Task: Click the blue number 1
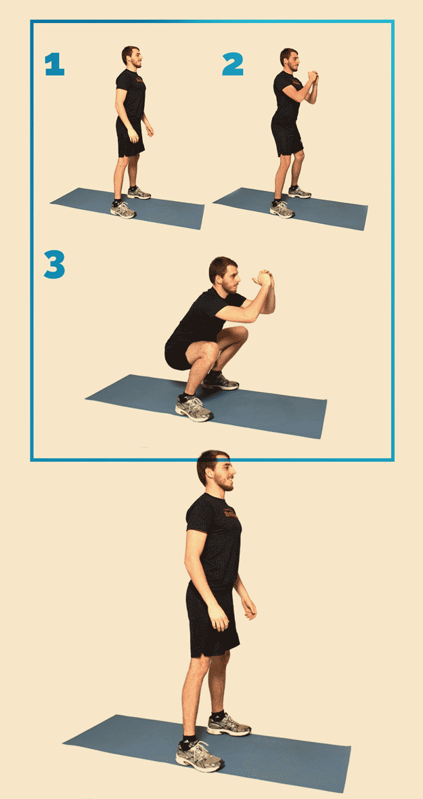(x=55, y=64)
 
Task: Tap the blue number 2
(x=233, y=64)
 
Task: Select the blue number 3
(x=54, y=264)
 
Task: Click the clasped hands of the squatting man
(x=265, y=278)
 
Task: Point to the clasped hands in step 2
(x=313, y=77)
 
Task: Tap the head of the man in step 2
(x=290, y=59)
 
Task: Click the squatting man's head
(x=224, y=275)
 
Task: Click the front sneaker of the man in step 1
(x=123, y=209)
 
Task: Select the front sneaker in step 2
(x=282, y=209)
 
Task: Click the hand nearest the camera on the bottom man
(x=219, y=617)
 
